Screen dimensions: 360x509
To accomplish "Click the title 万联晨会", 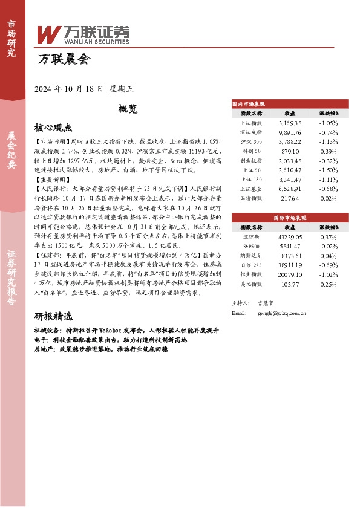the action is point(64,60).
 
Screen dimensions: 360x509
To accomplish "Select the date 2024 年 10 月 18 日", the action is point(69,88).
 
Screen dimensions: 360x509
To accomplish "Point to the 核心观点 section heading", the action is point(53,128).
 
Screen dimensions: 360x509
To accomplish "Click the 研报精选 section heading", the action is point(53,316).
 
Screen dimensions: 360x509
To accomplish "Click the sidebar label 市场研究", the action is point(11,37).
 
